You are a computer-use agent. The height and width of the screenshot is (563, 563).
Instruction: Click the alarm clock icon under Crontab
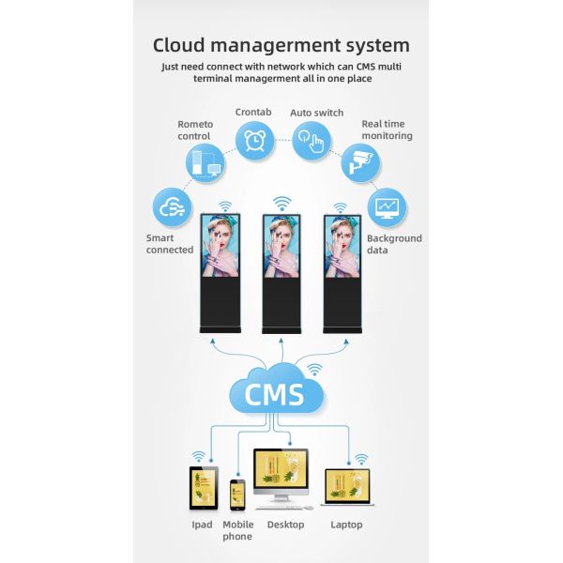tap(253, 141)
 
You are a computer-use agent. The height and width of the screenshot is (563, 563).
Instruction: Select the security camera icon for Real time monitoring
tap(360, 163)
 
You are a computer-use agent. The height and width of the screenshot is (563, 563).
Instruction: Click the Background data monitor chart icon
tap(387, 207)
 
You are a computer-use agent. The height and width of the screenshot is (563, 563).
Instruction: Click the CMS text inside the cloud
tap(274, 394)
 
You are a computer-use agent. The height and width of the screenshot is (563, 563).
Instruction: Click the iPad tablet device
tap(203, 488)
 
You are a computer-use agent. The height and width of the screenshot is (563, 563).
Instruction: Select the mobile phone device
tap(237, 495)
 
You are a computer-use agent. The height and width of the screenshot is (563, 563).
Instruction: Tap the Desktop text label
tap(285, 525)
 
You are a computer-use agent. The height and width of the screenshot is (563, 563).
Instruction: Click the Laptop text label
tap(346, 525)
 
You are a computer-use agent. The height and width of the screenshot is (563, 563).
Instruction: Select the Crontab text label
tap(253, 112)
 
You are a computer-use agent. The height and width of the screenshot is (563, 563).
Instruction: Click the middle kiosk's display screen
tap(281, 246)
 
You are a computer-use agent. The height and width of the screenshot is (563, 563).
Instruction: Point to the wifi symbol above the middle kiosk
tap(281, 204)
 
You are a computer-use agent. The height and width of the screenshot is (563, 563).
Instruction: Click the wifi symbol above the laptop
tap(358, 459)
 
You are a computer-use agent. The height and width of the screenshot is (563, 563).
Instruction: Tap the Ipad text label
tap(202, 525)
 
